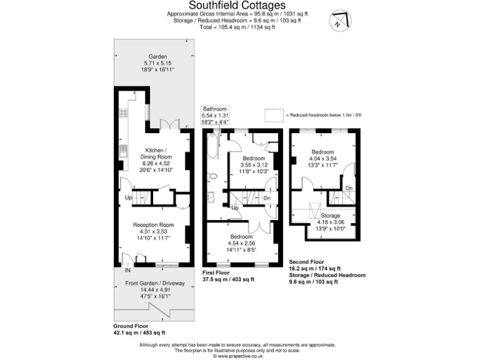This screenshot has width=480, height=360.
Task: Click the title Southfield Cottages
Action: pyautogui.click(x=239, y=6)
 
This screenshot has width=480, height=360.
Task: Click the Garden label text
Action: pyautogui.click(x=149, y=56)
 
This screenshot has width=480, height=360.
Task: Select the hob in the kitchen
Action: pyautogui.click(x=124, y=113)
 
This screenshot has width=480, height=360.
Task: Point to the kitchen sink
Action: pyautogui.click(x=124, y=151)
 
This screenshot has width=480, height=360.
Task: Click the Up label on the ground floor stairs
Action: pyautogui.click(x=129, y=197)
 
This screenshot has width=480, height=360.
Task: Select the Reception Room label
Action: pyautogui.click(x=152, y=224)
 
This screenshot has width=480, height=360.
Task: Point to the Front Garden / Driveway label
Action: pyautogui.click(x=148, y=284)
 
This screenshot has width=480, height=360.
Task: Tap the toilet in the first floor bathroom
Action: pyautogui.click(x=211, y=176)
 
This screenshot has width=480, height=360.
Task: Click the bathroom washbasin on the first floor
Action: pyautogui.click(x=211, y=197)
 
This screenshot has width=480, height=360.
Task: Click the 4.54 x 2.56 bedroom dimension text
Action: pyautogui.click(x=241, y=244)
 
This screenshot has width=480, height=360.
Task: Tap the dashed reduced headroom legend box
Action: pyautogui.click(x=274, y=116)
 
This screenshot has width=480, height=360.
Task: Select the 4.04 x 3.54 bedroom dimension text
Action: pyautogui.click(x=322, y=158)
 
